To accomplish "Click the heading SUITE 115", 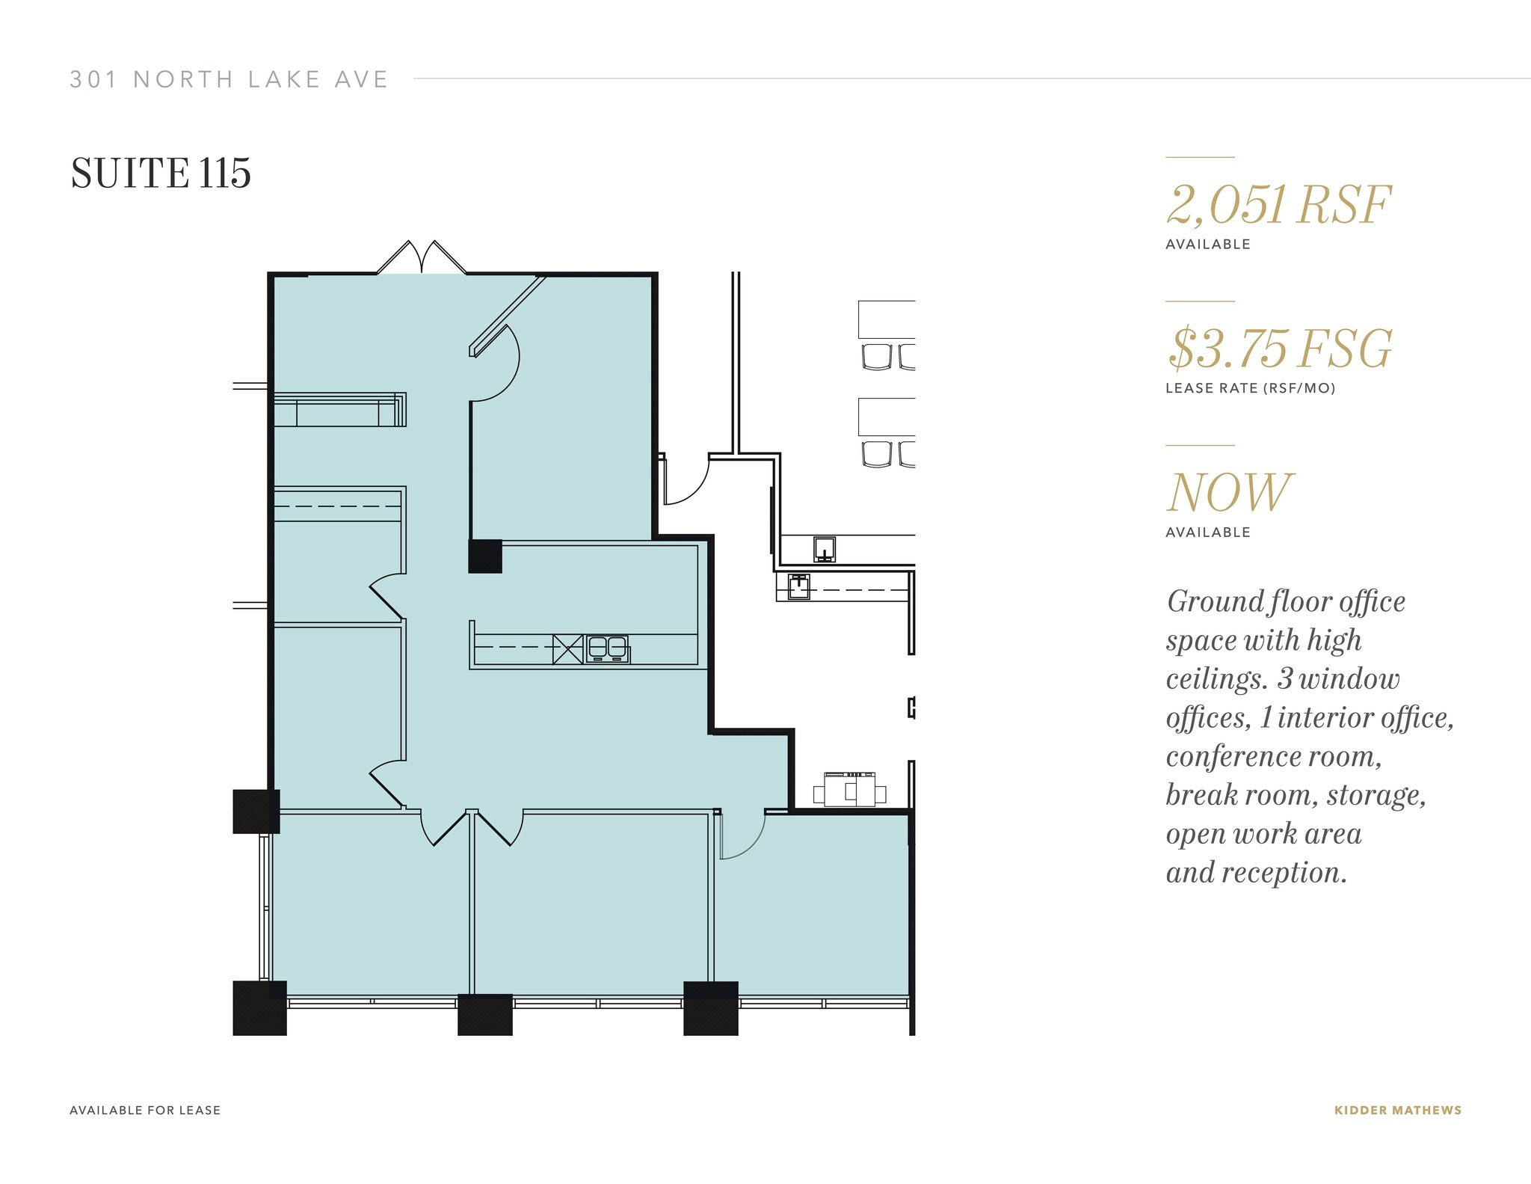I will point(161,174).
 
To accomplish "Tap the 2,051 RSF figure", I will point(1278,205).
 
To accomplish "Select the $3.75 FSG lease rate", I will point(1280,349).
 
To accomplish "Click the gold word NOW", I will point(1229,492).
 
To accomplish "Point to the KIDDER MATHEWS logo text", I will point(1397,1110).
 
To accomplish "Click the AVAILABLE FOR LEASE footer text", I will point(145,1110).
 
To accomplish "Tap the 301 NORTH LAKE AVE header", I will point(229,79).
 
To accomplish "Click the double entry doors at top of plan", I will point(422,258).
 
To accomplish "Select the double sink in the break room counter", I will point(607,648).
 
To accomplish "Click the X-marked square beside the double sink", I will point(567,648).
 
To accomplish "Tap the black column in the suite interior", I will point(485,556).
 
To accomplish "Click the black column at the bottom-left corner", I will point(259,1007).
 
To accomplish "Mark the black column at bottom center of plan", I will point(484,1014).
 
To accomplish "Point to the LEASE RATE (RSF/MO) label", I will point(1250,388).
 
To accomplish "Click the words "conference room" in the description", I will point(1272,756).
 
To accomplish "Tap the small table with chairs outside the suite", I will point(852,790).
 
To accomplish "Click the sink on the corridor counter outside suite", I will point(824,549).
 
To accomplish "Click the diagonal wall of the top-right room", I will point(507,315).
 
